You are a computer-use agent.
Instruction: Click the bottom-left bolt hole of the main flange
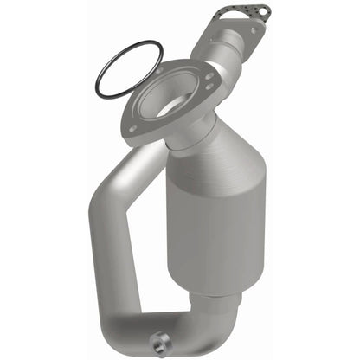(132, 129)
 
